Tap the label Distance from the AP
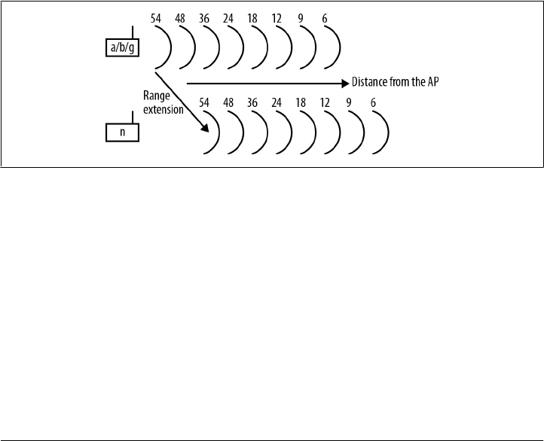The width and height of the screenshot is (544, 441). (x=395, y=82)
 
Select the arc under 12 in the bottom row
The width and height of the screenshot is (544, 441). (x=337, y=133)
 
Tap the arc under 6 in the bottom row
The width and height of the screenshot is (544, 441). (x=385, y=133)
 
